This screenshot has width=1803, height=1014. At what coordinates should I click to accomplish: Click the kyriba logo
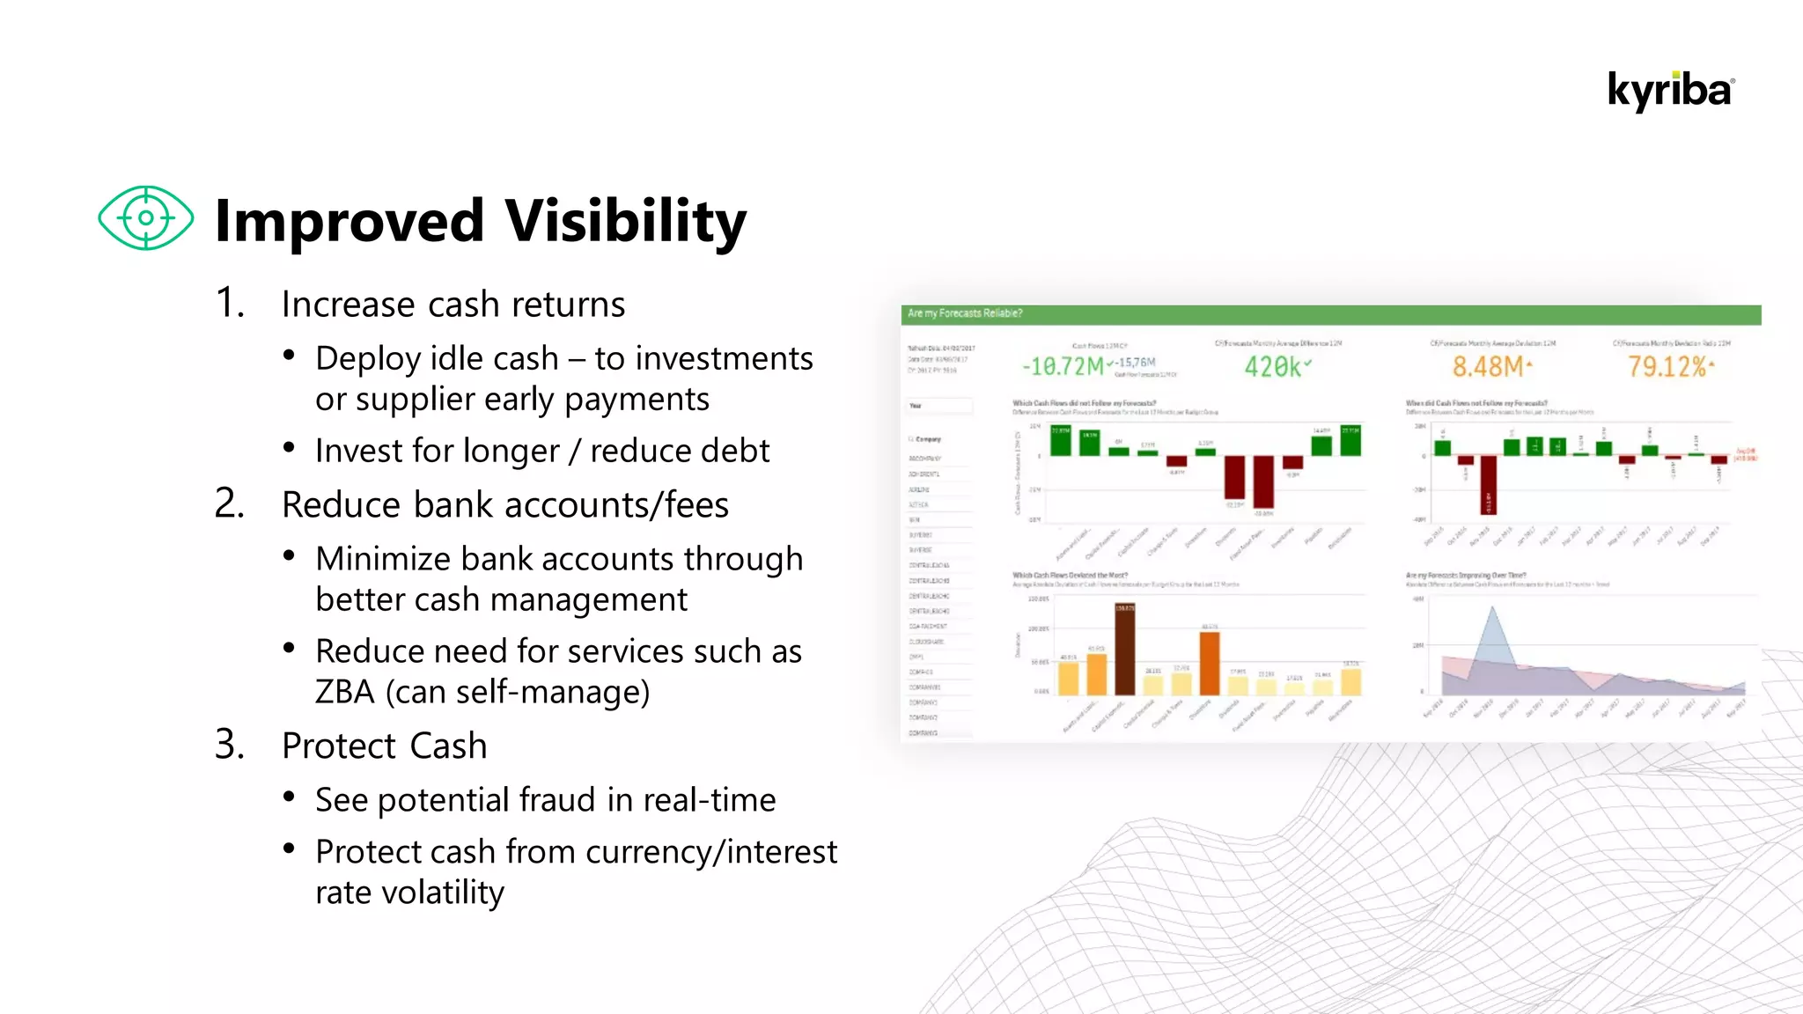click(1670, 92)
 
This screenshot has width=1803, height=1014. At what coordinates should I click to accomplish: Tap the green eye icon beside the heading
click(145, 217)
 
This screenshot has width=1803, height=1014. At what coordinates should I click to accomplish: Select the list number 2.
click(229, 504)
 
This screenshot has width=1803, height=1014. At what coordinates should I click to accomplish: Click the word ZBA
click(344, 693)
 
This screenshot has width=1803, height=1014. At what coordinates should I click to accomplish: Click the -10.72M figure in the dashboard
click(1062, 366)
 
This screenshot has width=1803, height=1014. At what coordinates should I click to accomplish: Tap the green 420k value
click(1272, 367)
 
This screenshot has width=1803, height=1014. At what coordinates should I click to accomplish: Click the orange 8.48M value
click(1487, 367)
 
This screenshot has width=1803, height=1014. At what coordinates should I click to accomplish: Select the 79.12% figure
click(1667, 367)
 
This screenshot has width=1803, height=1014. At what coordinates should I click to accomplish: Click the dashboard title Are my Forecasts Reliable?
click(965, 313)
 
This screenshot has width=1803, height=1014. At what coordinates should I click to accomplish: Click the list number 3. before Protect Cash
click(229, 746)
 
